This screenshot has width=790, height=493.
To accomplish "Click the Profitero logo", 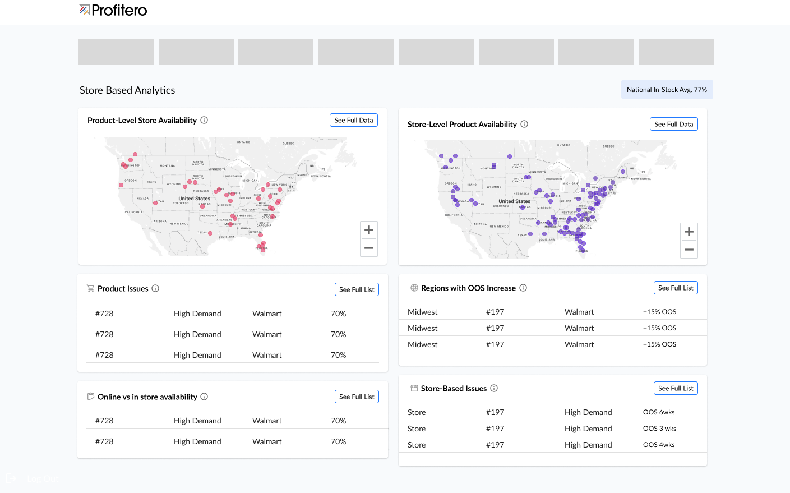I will coord(113,10).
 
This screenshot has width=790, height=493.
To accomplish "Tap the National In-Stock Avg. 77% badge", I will coord(667,90).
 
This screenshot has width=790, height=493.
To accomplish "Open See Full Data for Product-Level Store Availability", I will coord(353,120).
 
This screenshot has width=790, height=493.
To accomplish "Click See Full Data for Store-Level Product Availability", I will coord(673,124).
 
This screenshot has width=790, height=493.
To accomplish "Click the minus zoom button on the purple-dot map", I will coord(689,250).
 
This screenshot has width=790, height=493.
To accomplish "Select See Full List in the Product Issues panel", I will coord(357,289).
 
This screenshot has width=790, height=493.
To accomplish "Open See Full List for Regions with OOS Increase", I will coord(676,288).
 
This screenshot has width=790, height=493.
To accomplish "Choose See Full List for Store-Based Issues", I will coord(676,388).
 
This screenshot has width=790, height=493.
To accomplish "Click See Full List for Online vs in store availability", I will coord(357,397).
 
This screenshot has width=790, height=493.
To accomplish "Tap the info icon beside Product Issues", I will coord(155,288).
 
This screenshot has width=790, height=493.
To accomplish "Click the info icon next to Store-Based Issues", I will coord(494,388).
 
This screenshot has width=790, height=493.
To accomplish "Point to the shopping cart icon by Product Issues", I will coord(90,288).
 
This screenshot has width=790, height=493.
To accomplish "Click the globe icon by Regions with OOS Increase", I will coord(414,288).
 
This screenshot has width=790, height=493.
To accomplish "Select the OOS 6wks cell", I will coord(659,412).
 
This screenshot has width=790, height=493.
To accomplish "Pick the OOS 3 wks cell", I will coord(659,429).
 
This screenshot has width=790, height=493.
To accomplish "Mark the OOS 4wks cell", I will coord(659,445).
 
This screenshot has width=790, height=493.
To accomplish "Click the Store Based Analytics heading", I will coord(127,90).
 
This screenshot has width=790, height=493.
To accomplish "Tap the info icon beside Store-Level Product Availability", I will coord(524,124).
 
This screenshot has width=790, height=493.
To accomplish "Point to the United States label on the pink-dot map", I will coord(194,199).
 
